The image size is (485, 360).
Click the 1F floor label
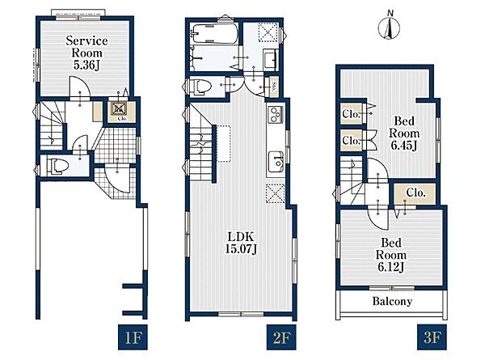pyautogui.click(x=133, y=337)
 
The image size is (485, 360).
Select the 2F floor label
pyautogui.click(x=281, y=337)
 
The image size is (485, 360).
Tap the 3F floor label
pyautogui.click(x=432, y=337)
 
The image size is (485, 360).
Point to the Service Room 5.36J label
pyautogui.click(x=86, y=53)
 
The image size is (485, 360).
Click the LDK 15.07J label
pyautogui.click(x=241, y=243)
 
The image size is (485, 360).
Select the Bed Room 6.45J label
pyautogui.click(x=404, y=133)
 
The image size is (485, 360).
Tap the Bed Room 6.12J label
pyautogui.click(x=391, y=255)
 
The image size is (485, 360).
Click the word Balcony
pyautogui.click(x=392, y=301)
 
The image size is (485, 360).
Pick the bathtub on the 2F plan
pyautogui.click(x=215, y=33)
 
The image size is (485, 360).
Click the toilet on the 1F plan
pyautogui.click(x=58, y=166)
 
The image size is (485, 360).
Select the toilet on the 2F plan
pyautogui.click(x=200, y=85)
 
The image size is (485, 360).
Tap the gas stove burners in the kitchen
pyautogui.click(x=276, y=115)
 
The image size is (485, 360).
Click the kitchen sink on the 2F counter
pyautogui.click(x=276, y=162)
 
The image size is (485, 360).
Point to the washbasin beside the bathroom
pyautogui.click(x=270, y=59)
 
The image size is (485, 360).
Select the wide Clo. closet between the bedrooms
pyautogui.click(x=415, y=193)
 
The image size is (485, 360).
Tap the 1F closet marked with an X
pyautogui.click(x=119, y=108)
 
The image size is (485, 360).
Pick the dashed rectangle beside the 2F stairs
pyautogui.click(x=224, y=144)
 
